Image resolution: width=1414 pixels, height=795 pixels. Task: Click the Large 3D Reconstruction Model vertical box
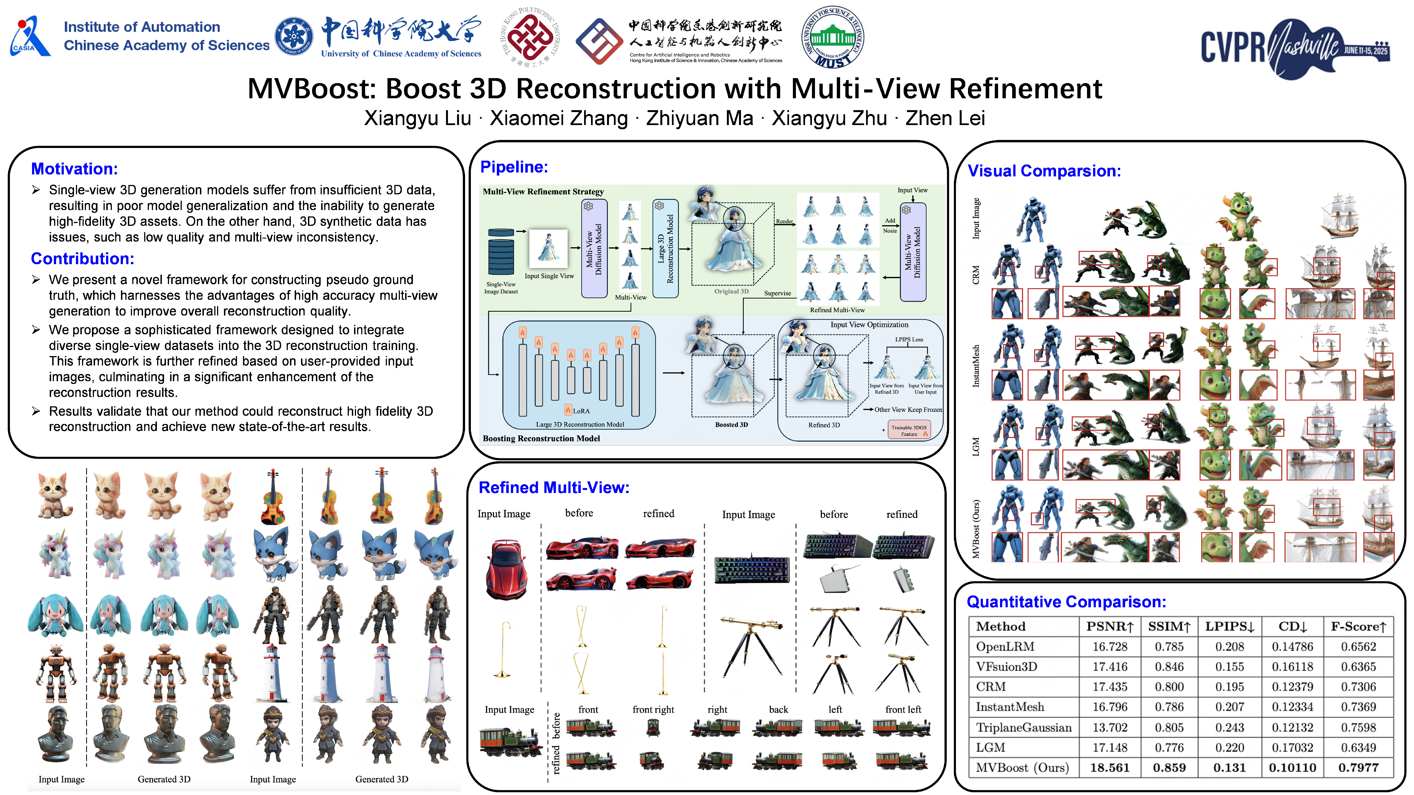665,248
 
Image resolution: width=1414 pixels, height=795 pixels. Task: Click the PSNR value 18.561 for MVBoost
1109,768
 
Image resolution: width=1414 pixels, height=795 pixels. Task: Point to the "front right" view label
653,709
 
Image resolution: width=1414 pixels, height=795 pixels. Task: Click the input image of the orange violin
273,497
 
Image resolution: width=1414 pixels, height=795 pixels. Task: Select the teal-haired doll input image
56,616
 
